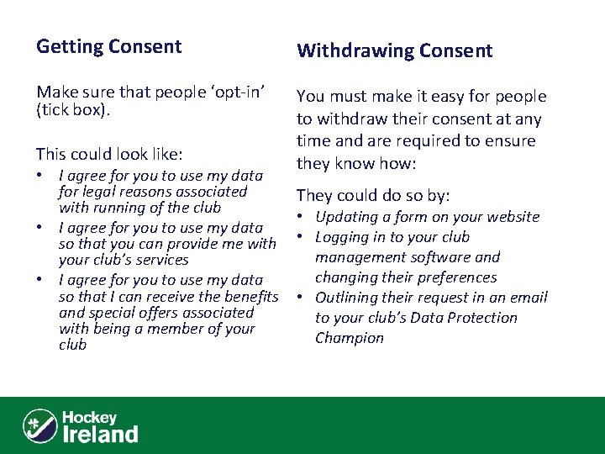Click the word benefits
click(248, 295)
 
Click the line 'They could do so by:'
click(373, 196)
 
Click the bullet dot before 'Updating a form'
click(300, 217)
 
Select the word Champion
click(349, 338)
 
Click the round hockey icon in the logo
click(39, 425)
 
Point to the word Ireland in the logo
click(101, 434)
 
